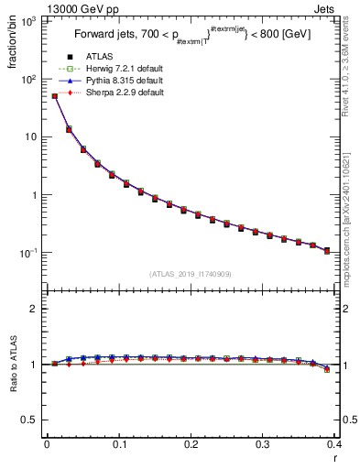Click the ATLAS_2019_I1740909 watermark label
click(191, 274)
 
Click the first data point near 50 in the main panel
click(54, 95)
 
